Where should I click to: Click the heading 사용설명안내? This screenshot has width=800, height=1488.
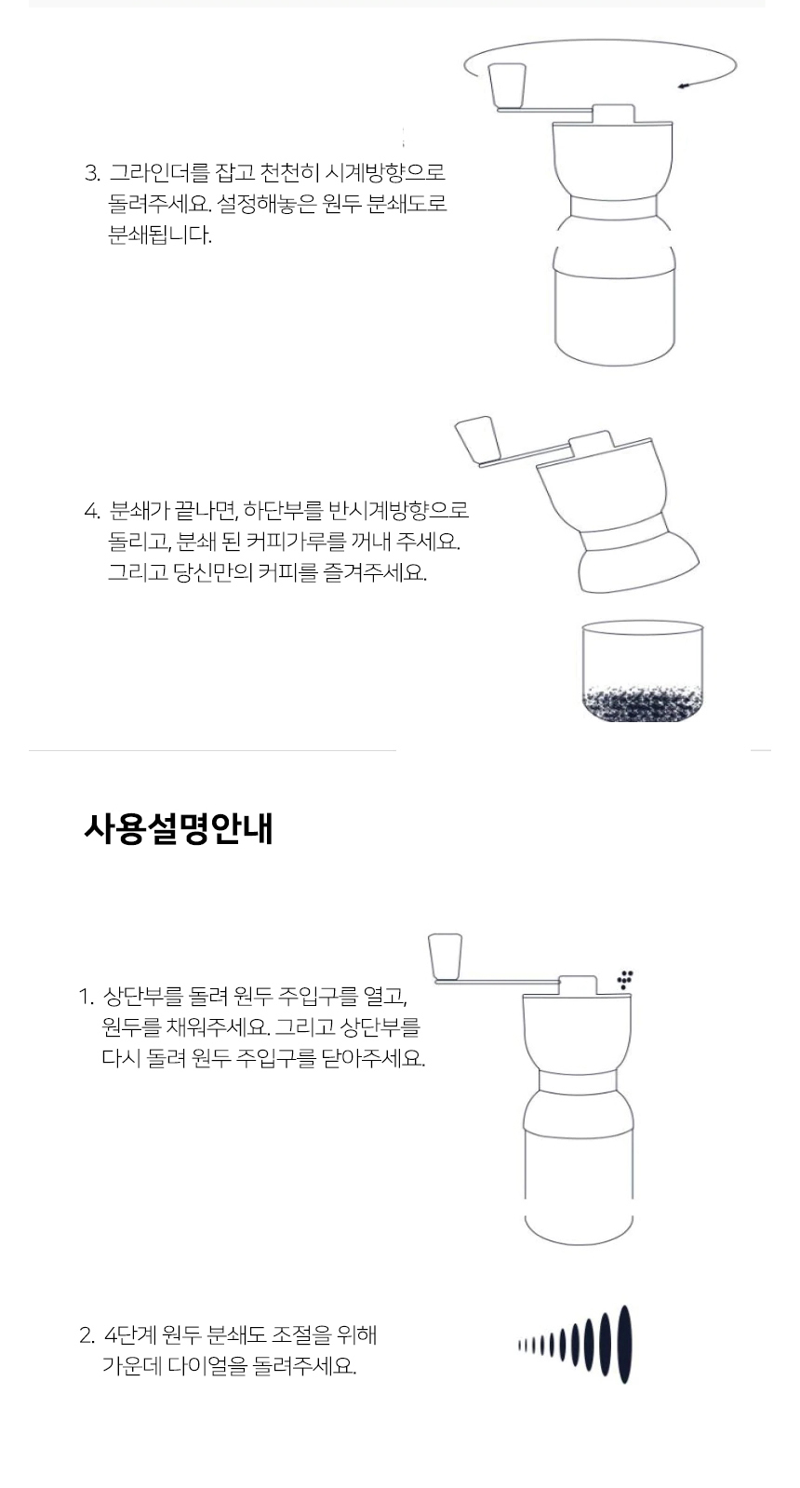coord(178,828)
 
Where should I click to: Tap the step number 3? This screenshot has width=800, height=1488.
coord(92,173)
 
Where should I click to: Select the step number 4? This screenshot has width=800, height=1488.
coord(92,511)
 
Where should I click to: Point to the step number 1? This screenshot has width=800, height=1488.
coord(86,996)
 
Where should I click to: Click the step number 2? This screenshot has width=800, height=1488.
coord(87,1335)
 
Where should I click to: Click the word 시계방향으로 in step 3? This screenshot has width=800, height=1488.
coord(384,173)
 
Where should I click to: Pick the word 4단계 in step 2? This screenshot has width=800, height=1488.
coord(129,1334)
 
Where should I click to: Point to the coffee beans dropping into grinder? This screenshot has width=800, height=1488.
coord(625,979)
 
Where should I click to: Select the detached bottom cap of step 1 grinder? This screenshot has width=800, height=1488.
coord(579,1231)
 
